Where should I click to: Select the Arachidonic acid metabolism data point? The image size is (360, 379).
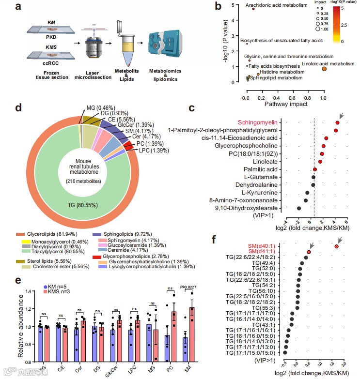tap(253, 9)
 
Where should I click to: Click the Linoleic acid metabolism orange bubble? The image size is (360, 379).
tap(324, 69)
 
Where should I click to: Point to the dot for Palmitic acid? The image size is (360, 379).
tap(315, 169)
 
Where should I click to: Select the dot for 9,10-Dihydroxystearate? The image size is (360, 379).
tap(299, 208)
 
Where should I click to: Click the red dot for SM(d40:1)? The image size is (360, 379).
tap(336, 247)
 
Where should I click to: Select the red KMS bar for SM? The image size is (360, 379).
tap(191, 334)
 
